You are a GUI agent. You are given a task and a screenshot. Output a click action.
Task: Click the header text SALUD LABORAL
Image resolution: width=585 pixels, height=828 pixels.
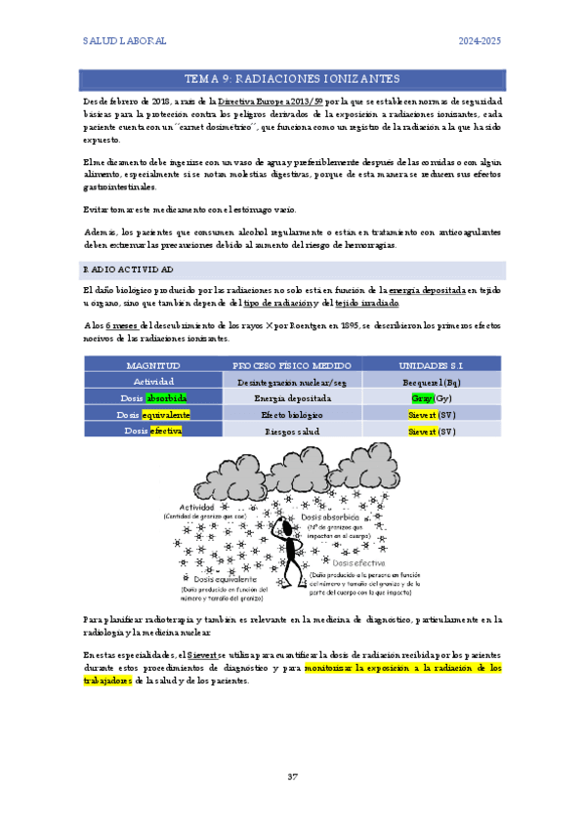tap(124, 42)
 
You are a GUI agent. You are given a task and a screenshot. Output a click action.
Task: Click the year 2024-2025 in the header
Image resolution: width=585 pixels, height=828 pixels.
tap(481, 42)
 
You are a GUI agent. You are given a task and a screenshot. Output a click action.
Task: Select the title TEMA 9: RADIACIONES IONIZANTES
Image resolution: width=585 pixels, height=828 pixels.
tap(292, 78)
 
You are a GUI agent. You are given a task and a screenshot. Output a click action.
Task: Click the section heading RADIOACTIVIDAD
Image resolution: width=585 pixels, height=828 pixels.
tap(129, 269)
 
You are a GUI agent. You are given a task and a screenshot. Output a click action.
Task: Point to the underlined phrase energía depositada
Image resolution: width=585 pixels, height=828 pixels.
tap(426, 290)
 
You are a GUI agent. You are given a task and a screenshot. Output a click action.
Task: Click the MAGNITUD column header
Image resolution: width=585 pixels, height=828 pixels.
tap(152, 364)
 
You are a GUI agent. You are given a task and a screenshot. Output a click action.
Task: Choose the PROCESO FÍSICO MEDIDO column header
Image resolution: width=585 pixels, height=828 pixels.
tap(292, 364)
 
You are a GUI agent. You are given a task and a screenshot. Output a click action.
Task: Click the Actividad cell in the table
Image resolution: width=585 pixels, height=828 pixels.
tap(152, 381)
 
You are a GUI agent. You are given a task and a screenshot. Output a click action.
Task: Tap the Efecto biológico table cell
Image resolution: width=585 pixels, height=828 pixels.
tap(292, 415)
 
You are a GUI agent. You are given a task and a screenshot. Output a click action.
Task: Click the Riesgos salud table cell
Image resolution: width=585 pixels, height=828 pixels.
tap(292, 432)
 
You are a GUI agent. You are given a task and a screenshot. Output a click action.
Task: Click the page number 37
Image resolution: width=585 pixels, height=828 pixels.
tap(292, 777)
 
